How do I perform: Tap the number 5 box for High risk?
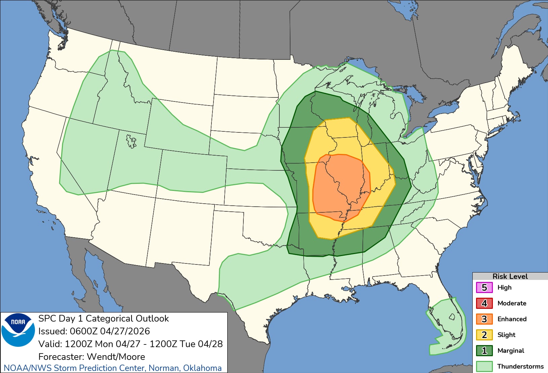tap(484, 288)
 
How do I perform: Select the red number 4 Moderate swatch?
tap(484, 303)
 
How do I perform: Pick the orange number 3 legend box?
tap(484, 319)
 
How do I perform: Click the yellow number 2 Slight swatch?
tap(484, 335)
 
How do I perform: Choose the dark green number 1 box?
tap(484, 351)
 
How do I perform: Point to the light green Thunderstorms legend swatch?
tap(484, 366)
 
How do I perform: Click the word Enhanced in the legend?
tap(512, 319)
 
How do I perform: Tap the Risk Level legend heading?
tap(510, 276)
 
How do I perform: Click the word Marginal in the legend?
tap(511, 351)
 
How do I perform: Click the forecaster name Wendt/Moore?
tap(116, 357)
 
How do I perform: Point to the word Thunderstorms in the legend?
tap(520, 366)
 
